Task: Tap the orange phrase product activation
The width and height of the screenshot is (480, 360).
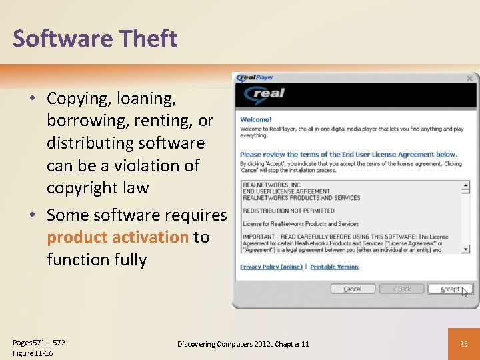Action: (117, 237)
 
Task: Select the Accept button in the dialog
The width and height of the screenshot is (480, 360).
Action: (449, 289)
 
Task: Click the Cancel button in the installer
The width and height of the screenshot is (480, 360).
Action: (352, 289)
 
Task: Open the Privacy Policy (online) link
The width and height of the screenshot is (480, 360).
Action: (271, 267)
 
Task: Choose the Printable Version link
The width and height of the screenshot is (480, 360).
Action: (334, 267)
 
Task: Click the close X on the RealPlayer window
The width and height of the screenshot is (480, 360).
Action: (469, 79)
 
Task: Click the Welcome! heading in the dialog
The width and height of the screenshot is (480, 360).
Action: (256, 120)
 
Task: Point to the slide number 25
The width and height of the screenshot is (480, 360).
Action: (465, 344)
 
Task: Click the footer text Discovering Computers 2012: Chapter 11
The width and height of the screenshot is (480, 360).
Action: (243, 344)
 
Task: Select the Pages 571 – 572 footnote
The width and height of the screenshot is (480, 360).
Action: (39, 343)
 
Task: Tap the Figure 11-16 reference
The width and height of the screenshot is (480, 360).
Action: (33, 353)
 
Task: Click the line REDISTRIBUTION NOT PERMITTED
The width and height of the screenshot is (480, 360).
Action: (289, 211)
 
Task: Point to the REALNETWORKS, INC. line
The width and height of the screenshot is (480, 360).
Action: (272, 185)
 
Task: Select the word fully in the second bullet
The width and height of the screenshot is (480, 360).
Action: (130, 259)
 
